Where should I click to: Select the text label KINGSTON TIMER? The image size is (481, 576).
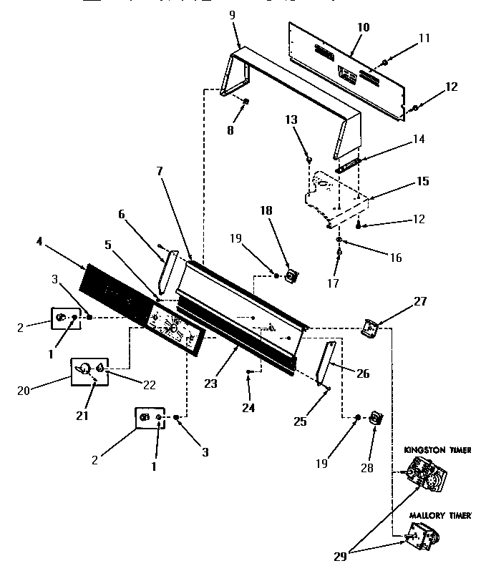tap(437, 450)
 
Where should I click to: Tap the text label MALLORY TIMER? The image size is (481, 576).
tap(439, 514)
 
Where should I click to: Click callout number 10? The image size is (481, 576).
tap(363, 27)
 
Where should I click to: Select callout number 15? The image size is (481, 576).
tap(422, 181)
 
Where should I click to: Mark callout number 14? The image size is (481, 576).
tap(418, 140)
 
